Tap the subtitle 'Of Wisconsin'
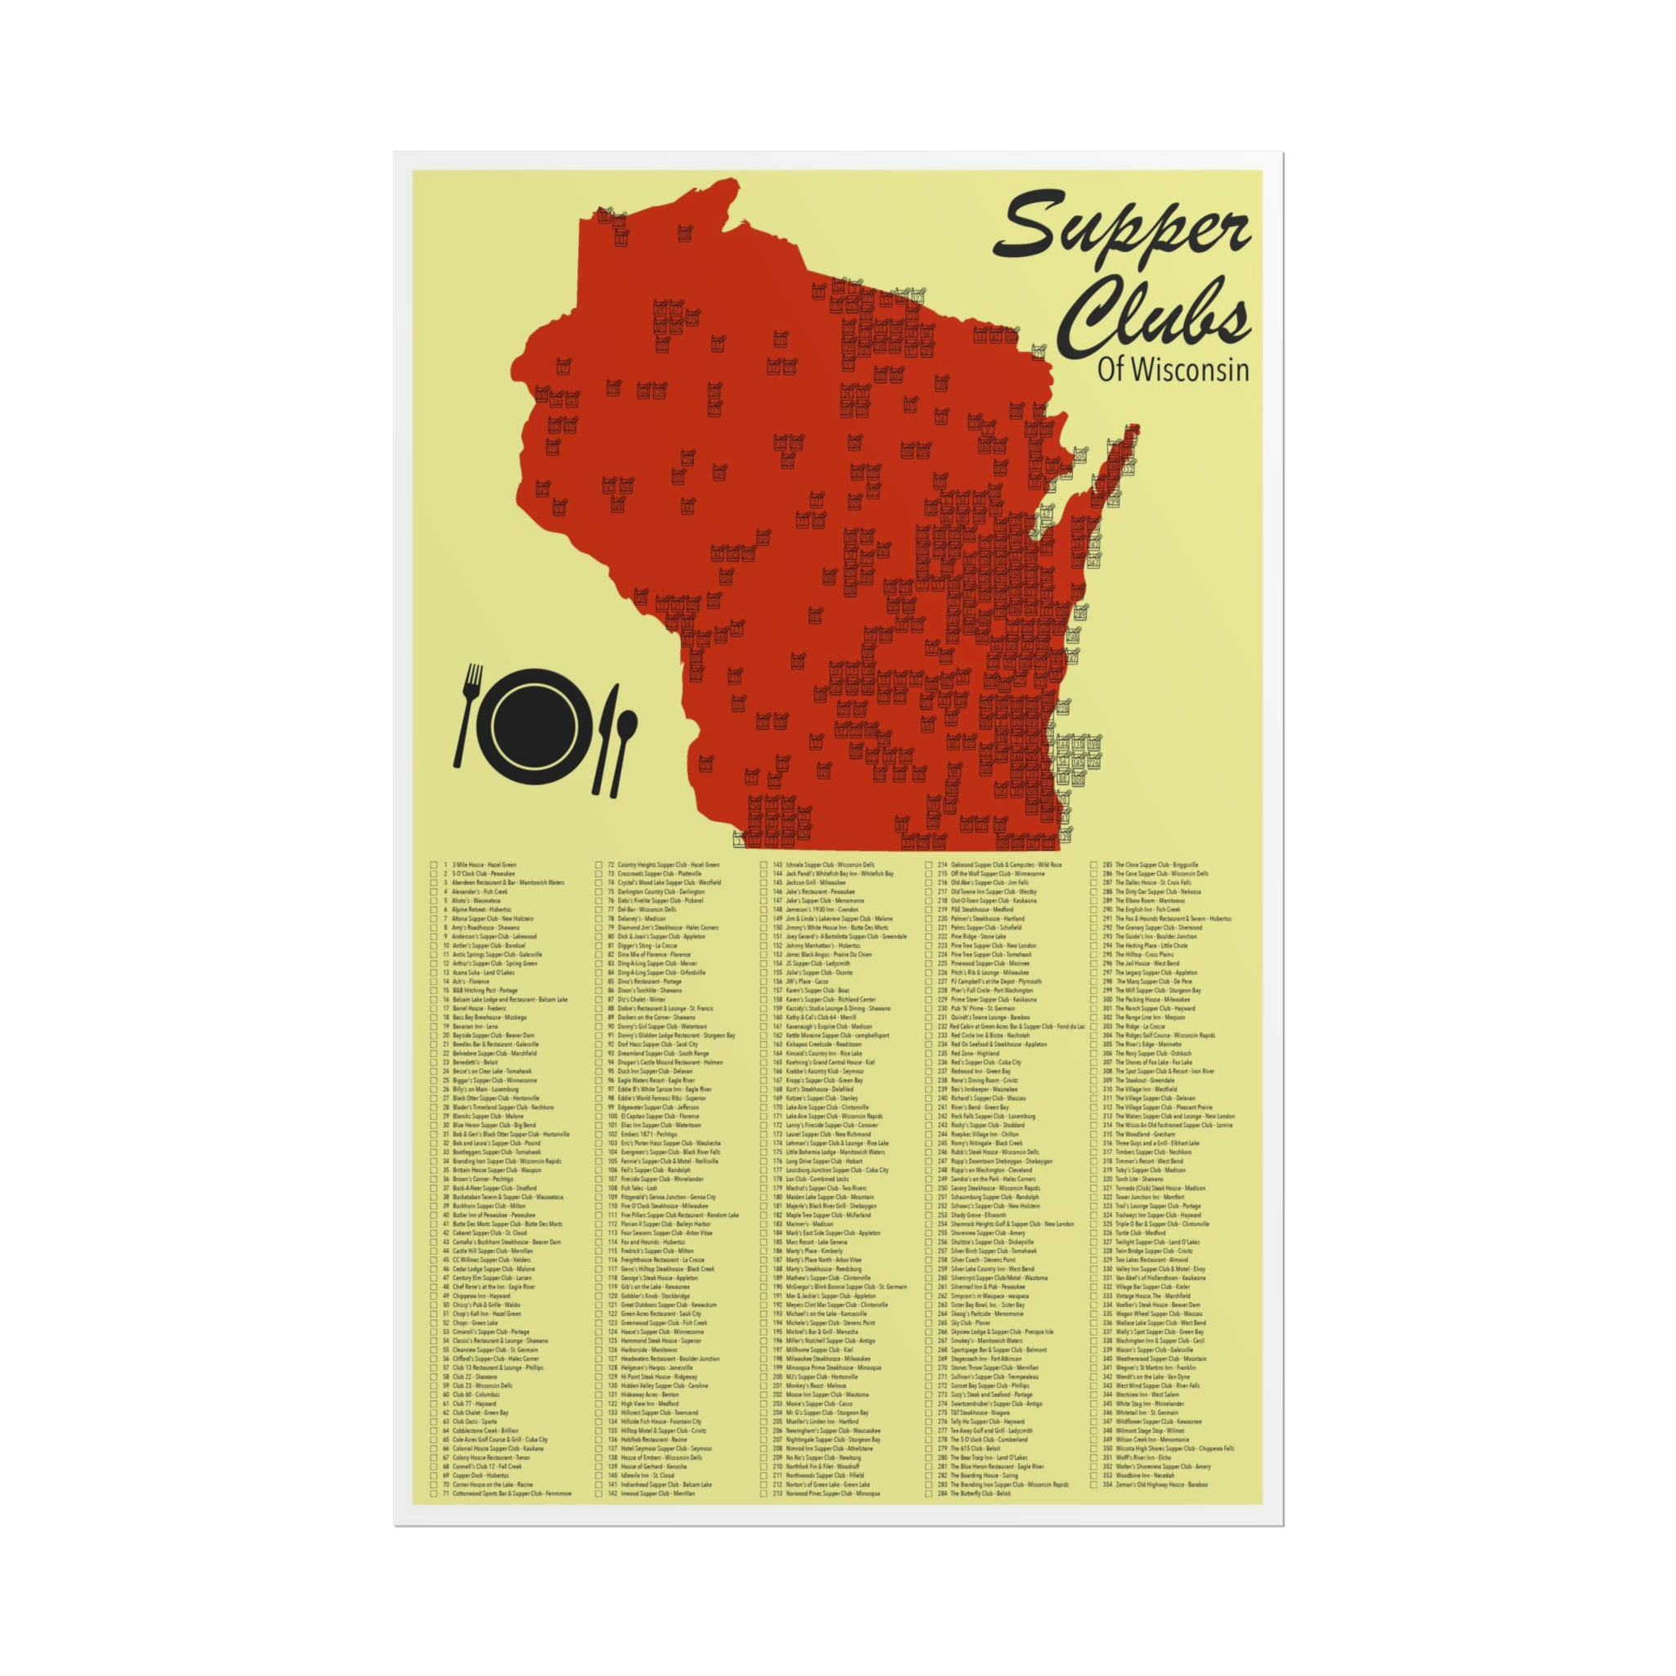(1173, 370)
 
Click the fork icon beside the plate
(468, 716)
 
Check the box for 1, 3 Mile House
(434, 865)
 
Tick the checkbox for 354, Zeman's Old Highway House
(1094, 1485)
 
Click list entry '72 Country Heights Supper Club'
(668, 865)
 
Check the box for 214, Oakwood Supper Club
(930, 865)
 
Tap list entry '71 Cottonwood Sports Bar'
(511, 1494)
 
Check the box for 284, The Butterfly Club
(930, 1494)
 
